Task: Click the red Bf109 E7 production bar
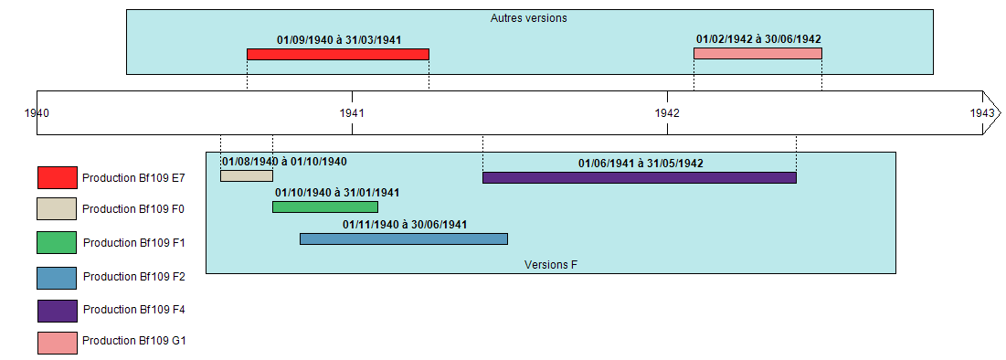[x=337, y=55]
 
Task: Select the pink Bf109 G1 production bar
[x=757, y=54]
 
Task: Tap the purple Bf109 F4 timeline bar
[x=639, y=177]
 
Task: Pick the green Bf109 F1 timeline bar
[x=324, y=207]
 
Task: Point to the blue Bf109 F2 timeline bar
[x=403, y=238]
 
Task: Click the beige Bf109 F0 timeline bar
[x=246, y=175]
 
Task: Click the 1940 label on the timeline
[x=37, y=113]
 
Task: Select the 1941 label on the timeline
[x=352, y=113]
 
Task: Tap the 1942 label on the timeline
[x=667, y=113]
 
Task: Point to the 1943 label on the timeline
[x=982, y=113]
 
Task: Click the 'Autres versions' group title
[x=529, y=18]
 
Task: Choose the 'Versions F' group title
[x=551, y=265]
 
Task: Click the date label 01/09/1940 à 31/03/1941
[x=339, y=40]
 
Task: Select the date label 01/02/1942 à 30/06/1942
[x=758, y=39]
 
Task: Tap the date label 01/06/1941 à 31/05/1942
[x=641, y=164]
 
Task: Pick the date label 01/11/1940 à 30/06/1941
[x=405, y=225]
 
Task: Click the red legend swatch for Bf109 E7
[x=57, y=177]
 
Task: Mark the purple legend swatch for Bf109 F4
[x=57, y=311]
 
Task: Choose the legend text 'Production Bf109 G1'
[x=134, y=341]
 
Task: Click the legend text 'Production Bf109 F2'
[x=134, y=277]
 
